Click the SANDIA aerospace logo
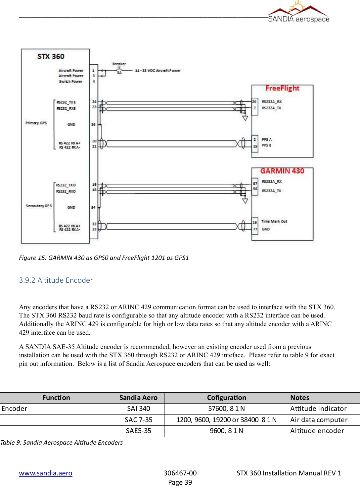[x=298, y=13]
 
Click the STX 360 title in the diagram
[x=51, y=57]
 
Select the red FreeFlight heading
[x=282, y=88]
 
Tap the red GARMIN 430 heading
[x=282, y=171]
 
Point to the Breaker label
[x=119, y=64]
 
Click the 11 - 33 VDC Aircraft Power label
[x=158, y=71]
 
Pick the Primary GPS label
[x=36, y=123]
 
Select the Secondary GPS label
[x=39, y=206]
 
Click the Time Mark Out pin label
[x=274, y=221]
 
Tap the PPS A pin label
[x=267, y=139]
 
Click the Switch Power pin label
[x=70, y=81]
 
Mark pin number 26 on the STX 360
[x=93, y=124]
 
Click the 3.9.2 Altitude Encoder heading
[x=56, y=280]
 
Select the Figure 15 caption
[x=104, y=258]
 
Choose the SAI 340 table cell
[x=139, y=409]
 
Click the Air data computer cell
[x=319, y=420]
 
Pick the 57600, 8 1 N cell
[x=226, y=409]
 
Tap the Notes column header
[x=300, y=398]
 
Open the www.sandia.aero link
[x=46, y=473]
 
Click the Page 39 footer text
[x=180, y=482]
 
